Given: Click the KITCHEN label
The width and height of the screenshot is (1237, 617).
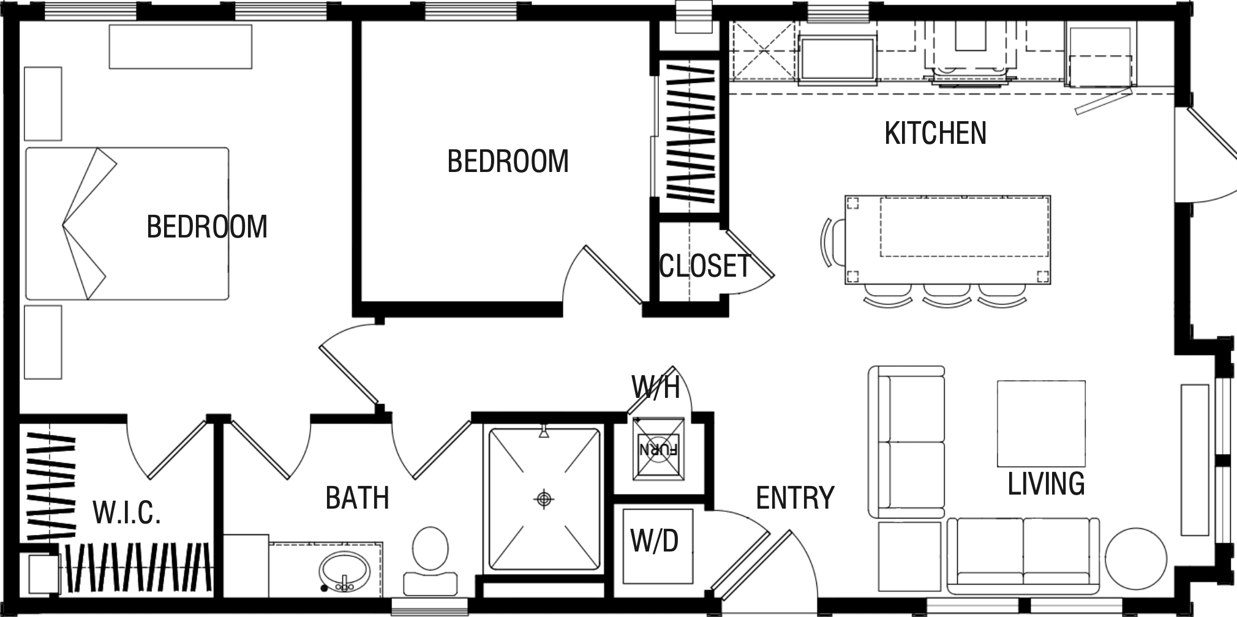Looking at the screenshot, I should tap(935, 133).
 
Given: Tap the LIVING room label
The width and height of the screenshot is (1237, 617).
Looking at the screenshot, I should tap(1046, 484).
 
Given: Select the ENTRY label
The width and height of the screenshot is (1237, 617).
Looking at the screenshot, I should tap(795, 498).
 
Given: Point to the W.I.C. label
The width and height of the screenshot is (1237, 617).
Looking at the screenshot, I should tap(127, 512).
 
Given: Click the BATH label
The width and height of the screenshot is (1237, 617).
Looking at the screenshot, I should tap(357, 498).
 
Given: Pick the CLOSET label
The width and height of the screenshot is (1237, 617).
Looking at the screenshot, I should tap(704, 266).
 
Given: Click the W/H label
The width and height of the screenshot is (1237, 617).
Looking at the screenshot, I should tap(655, 388).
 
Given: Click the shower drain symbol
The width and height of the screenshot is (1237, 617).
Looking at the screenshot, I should tap(544, 499).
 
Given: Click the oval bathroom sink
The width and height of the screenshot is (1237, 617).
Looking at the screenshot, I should tap(344, 572).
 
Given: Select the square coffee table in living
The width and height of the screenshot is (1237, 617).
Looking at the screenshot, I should tap(1041, 423).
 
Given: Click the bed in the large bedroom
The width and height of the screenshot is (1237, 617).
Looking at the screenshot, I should tap(127, 223).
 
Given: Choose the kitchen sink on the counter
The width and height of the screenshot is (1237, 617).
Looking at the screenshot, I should tap(838, 58).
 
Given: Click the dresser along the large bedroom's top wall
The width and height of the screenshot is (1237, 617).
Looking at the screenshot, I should tap(180, 47).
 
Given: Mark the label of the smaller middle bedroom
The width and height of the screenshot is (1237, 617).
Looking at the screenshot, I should tap(508, 162).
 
